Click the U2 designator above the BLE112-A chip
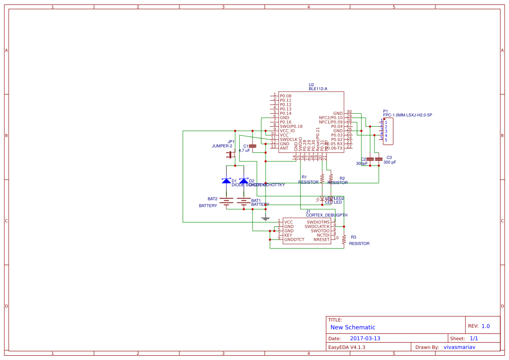tap(311, 84)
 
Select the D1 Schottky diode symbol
tap(226, 181)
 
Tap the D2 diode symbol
tap(244, 181)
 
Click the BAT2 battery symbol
tap(226, 201)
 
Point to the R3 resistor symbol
tap(344, 239)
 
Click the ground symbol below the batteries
tap(266, 218)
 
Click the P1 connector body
tap(388, 131)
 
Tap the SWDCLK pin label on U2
tap(288, 139)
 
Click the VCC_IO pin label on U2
tap(287, 131)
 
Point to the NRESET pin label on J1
tap(321, 239)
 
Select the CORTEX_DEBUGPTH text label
tap(327, 215)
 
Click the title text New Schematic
tap(353, 327)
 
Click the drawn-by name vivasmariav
tap(459, 347)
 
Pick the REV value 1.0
tap(485, 326)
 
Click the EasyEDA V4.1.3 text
tap(347, 347)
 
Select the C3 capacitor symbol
tap(379, 159)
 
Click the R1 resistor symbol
tap(322, 178)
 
